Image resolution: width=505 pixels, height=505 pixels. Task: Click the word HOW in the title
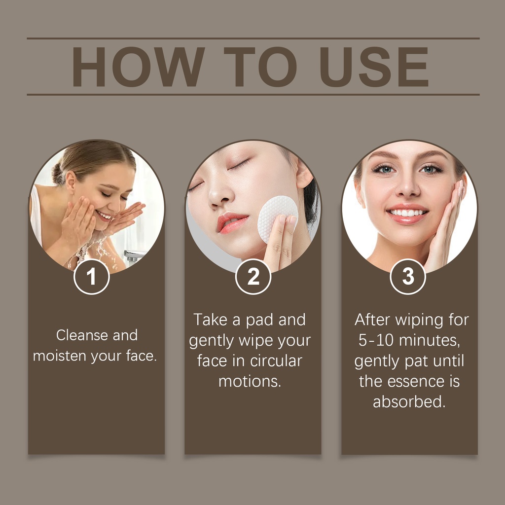point(138,67)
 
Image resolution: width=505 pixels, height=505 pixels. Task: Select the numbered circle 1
point(91,277)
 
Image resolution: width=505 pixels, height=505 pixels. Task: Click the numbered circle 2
point(253,277)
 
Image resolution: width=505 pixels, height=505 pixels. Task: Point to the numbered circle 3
point(408,277)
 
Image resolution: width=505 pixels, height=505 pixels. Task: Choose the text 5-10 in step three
point(375,340)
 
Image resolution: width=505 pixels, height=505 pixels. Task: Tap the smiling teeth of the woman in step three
point(407,213)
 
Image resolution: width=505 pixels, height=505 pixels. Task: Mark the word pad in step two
point(259,320)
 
